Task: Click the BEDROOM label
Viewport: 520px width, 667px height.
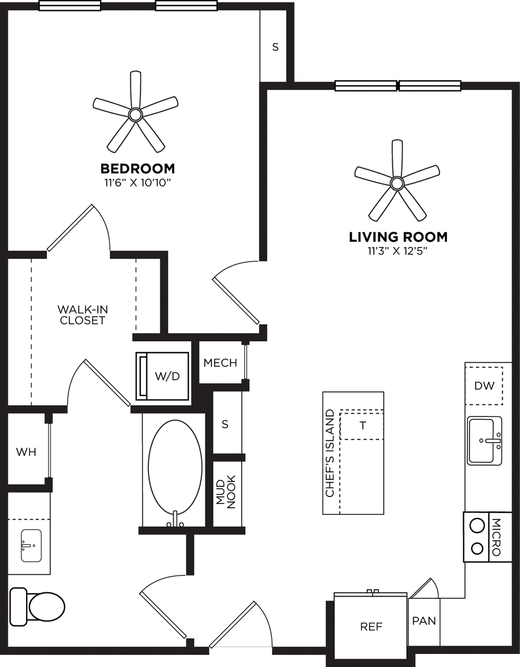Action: click(x=137, y=169)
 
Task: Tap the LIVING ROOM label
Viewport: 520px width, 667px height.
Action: click(x=398, y=237)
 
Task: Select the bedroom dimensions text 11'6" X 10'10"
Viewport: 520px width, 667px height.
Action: click(x=137, y=182)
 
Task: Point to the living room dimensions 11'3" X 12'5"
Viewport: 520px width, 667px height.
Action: click(x=398, y=251)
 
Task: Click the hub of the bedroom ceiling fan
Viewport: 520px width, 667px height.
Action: click(x=135, y=114)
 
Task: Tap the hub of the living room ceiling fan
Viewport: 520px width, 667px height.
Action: click(x=397, y=182)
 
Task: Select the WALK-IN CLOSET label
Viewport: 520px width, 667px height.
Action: click(x=82, y=315)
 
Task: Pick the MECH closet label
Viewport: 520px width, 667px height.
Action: click(x=220, y=363)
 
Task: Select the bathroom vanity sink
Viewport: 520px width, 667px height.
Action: click(x=31, y=545)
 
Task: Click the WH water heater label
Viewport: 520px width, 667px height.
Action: click(x=26, y=452)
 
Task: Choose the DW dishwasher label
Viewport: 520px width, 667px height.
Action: click(x=484, y=386)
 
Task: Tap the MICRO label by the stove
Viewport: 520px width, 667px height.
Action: click(x=496, y=537)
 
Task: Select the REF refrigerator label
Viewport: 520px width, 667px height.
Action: click(x=371, y=626)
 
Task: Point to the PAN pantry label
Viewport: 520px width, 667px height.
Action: click(x=424, y=621)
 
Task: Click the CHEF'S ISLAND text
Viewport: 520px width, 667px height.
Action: click(x=329, y=453)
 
